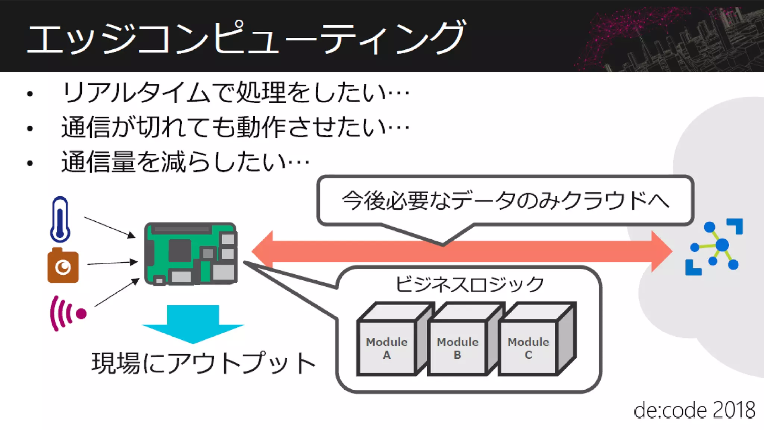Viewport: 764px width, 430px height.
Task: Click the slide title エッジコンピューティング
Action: (246, 37)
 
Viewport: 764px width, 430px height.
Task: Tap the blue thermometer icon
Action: (60, 219)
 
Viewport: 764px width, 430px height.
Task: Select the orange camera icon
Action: (63, 266)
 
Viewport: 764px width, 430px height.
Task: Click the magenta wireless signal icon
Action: (68, 313)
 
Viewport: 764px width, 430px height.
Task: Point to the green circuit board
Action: (191, 254)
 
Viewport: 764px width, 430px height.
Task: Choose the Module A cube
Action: (387, 347)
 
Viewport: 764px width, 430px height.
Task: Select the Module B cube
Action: (458, 347)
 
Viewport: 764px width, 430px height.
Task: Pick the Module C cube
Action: (528, 347)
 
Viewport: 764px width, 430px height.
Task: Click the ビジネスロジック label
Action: (469, 284)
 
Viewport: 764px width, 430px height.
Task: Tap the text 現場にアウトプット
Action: (204, 363)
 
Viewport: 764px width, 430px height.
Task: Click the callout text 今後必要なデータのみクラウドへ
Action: (505, 200)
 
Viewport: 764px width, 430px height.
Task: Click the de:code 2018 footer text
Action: (694, 410)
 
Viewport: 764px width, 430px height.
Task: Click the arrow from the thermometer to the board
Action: (109, 227)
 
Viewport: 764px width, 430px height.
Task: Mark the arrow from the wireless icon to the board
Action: (116, 293)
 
